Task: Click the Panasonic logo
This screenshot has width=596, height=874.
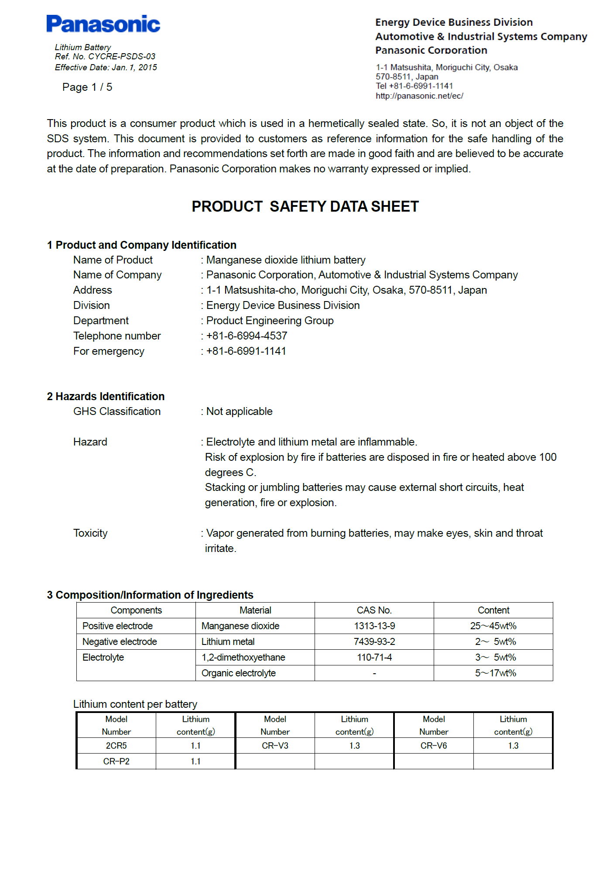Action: pyautogui.click(x=103, y=24)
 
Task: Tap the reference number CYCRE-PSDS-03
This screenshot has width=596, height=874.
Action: pyautogui.click(x=121, y=56)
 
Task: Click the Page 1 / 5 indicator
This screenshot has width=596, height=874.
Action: pyautogui.click(x=87, y=87)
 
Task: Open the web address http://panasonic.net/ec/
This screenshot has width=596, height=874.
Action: pyautogui.click(x=419, y=96)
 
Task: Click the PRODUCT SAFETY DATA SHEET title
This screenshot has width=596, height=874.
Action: pyautogui.click(x=305, y=206)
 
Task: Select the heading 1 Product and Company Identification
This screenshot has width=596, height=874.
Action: pyautogui.click(x=142, y=245)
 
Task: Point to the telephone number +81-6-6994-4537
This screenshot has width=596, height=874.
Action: pyautogui.click(x=247, y=336)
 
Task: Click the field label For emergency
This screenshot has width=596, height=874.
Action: pyautogui.click(x=109, y=351)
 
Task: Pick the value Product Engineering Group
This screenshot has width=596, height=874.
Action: pyautogui.click(x=270, y=321)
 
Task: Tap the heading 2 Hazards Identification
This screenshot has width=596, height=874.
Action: pyautogui.click(x=106, y=396)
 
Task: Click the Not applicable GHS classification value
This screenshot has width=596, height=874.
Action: pyautogui.click(x=239, y=411)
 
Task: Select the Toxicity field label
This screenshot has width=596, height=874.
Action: pyautogui.click(x=90, y=533)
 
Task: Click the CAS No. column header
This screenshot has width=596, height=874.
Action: pyautogui.click(x=374, y=610)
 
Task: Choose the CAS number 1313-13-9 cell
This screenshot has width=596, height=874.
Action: pyautogui.click(x=374, y=626)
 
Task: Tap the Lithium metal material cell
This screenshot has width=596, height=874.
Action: pyautogui.click(x=228, y=641)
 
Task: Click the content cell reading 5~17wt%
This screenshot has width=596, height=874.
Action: pyautogui.click(x=495, y=673)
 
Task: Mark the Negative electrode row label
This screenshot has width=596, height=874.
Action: pyautogui.click(x=120, y=641)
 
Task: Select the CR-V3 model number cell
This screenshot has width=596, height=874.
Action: pyautogui.click(x=275, y=746)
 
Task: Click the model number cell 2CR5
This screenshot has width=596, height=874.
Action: pyautogui.click(x=116, y=746)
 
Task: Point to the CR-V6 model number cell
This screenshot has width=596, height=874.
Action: pyautogui.click(x=434, y=746)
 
